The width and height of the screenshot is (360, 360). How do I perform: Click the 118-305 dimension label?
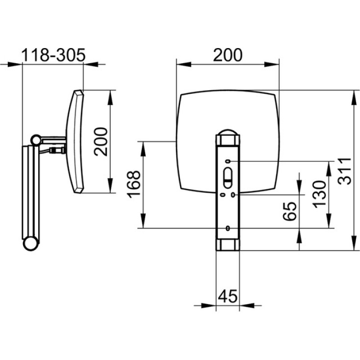tap(53, 55)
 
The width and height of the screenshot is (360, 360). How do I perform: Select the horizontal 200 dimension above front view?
tap(228, 55)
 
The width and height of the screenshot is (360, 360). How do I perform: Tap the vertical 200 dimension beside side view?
tap(101, 141)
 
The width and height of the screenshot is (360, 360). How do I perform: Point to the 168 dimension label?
tap(133, 184)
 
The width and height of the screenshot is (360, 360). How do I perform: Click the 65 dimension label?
tap(290, 211)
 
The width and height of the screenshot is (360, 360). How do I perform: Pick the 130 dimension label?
tap(320, 194)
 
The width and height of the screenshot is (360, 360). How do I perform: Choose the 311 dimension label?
tap(345, 171)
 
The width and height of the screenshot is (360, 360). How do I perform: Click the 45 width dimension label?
tap(228, 296)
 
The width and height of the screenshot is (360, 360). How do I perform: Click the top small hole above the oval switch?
tap(229, 161)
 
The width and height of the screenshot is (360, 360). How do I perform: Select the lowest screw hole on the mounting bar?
tap(228, 228)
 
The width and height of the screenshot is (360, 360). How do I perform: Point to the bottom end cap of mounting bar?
tap(228, 245)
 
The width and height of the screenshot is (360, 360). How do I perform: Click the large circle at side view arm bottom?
tap(30, 244)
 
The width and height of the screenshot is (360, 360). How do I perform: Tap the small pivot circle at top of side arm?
tap(36, 140)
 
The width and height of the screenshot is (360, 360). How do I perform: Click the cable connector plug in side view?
tap(57, 151)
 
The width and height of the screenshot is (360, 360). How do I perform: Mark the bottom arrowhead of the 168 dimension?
tap(143, 221)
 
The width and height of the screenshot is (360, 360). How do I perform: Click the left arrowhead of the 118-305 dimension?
tap(15, 65)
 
